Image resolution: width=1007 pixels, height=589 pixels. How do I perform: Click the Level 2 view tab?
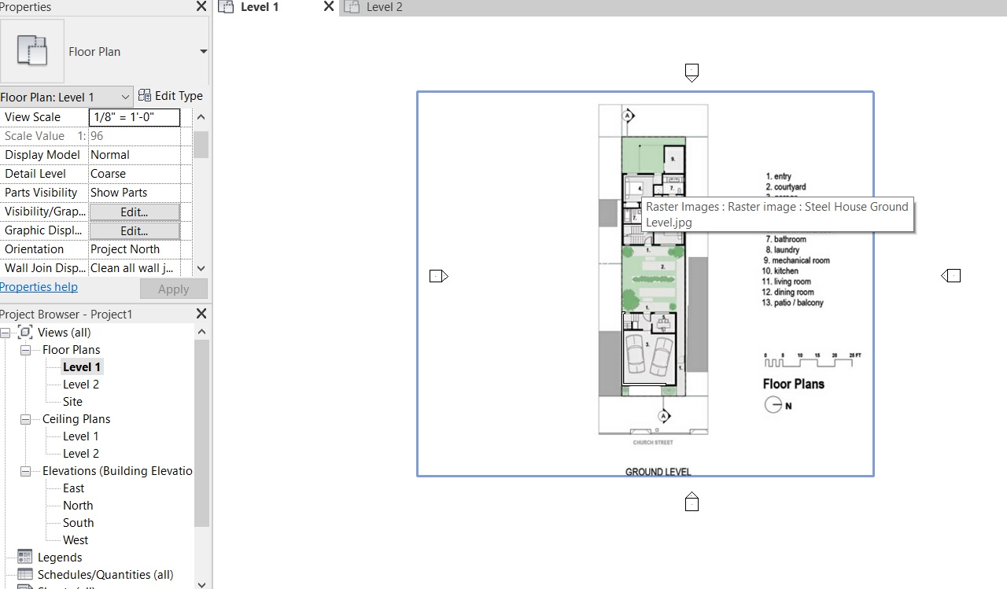pyautogui.click(x=384, y=7)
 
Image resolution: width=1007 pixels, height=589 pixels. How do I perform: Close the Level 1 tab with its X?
pyautogui.click(x=329, y=7)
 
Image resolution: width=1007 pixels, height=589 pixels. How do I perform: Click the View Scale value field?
pyautogui.click(x=135, y=117)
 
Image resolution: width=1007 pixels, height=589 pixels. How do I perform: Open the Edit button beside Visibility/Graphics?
pyautogui.click(x=135, y=212)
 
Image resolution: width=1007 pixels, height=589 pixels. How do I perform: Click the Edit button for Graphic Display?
pyautogui.click(x=135, y=230)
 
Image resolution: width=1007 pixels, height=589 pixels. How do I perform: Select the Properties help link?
pyautogui.click(x=39, y=287)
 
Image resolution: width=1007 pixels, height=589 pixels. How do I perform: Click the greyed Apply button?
pyautogui.click(x=173, y=289)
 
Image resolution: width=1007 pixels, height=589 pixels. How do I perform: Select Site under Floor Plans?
pyautogui.click(x=72, y=402)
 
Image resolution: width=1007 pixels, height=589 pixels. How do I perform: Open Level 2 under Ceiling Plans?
pyautogui.click(x=81, y=454)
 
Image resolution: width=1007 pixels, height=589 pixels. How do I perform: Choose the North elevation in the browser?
pyautogui.click(x=78, y=506)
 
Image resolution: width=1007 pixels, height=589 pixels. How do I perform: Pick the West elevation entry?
pyautogui.click(x=76, y=540)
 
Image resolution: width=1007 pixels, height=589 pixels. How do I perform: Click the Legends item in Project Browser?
pyautogui.click(x=60, y=558)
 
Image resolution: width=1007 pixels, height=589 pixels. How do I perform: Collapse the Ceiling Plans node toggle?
pyautogui.click(x=25, y=419)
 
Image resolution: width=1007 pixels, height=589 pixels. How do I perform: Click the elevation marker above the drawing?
pyautogui.click(x=692, y=73)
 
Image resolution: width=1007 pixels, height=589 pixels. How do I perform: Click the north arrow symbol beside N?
pyautogui.click(x=773, y=405)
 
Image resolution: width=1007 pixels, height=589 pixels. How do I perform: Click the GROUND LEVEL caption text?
pyautogui.click(x=658, y=472)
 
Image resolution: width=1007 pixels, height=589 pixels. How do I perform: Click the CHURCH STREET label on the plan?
pyautogui.click(x=653, y=443)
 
